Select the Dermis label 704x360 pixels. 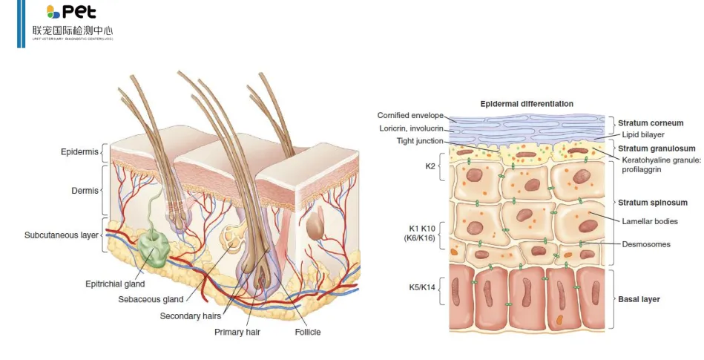[84, 191]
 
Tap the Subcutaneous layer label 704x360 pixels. [61, 235]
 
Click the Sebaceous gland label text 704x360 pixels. [151, 299]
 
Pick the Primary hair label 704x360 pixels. [238, 332]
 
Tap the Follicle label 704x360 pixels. [307, 332]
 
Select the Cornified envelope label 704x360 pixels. [410, 116]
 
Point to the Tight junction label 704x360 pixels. [420, 141]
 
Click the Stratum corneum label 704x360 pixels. [651, 123]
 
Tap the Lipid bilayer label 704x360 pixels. [643, 135]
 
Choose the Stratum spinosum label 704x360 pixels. [651, 202]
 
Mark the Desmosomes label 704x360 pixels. [645, 244]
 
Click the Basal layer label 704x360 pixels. [639, 299]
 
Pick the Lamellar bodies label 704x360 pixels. [649, 221]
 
